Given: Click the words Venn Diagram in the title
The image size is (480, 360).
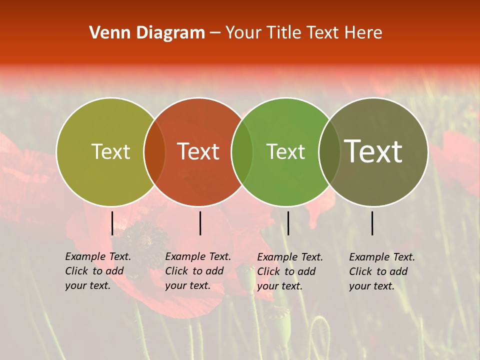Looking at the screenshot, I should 147,33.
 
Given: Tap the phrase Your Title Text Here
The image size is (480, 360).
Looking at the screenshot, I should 304,33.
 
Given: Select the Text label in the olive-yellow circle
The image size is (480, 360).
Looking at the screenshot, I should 110,151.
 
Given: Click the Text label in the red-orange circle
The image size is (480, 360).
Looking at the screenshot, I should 198,151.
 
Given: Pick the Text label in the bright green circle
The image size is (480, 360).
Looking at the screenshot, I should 285,151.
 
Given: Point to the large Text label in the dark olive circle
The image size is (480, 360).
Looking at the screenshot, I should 373,151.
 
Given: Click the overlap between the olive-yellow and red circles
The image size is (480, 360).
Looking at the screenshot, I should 154,152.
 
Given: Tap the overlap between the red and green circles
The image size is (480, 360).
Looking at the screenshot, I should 242,152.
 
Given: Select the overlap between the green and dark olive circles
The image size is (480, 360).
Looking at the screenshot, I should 329,152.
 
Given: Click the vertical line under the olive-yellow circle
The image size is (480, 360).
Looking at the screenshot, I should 112,223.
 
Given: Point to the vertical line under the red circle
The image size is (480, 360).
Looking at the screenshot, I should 200,223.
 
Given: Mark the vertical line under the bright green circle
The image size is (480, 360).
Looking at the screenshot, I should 288,223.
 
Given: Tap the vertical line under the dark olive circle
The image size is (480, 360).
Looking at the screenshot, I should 372,223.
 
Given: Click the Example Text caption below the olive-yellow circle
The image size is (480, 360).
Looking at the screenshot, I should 97,271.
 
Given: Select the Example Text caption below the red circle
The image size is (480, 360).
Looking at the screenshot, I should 197,271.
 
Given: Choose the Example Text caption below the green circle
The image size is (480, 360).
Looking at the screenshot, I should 289,271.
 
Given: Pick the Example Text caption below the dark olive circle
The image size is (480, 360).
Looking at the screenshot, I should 381,271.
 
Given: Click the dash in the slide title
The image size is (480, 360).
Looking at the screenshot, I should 215,33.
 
